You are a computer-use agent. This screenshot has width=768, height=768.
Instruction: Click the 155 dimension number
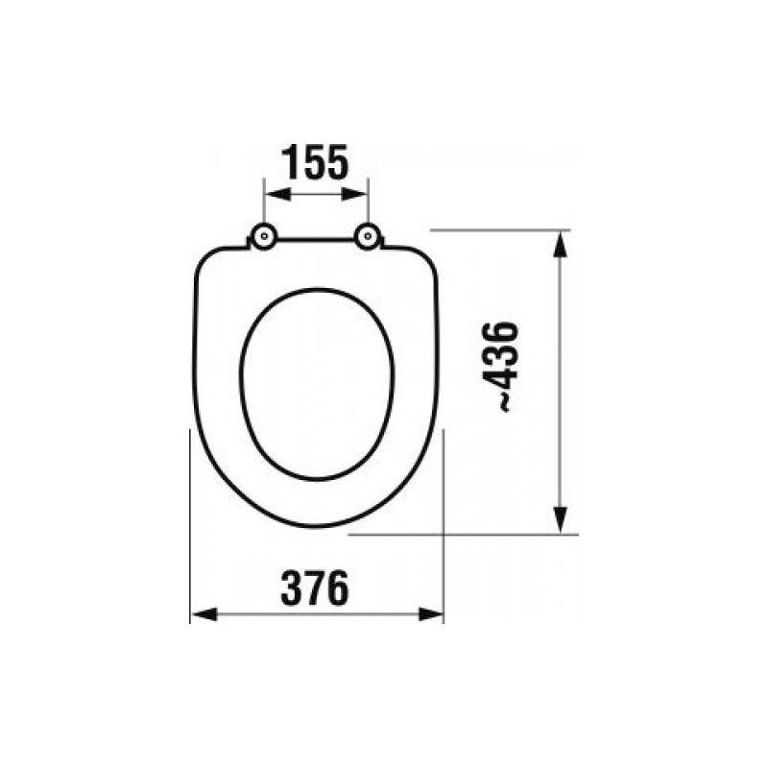click(x=316, y=164)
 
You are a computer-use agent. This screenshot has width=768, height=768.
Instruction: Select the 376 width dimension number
click(x=315, y=588)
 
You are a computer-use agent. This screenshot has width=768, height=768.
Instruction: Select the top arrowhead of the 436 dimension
click(x=560, y=240)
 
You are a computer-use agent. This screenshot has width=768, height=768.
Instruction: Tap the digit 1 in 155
click(x=291, y=164)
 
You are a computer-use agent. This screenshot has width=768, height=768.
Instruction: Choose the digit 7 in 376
click(x=315, y=588)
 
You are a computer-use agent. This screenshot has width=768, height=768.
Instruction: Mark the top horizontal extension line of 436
click(x=499, y=229)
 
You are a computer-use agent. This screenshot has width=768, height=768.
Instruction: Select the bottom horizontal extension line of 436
click(x=461, y=535)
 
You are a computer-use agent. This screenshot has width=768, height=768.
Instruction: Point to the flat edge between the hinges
click(x=316, y=239)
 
